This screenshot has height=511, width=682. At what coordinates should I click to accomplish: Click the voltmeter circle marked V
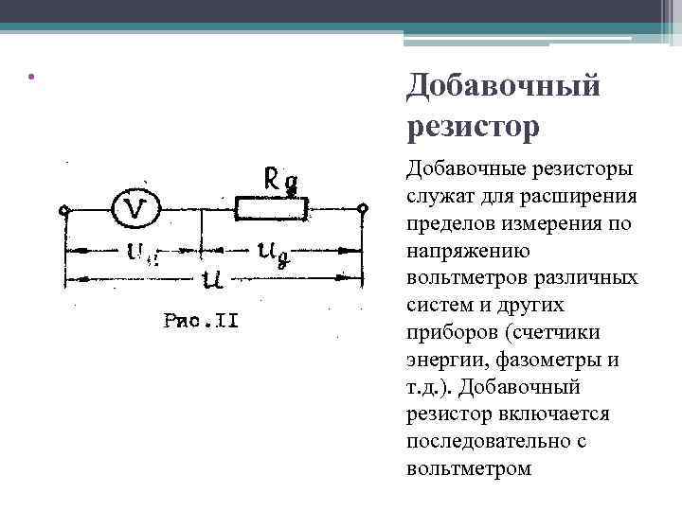135,209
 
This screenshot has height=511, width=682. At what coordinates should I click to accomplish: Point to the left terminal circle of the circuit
64,209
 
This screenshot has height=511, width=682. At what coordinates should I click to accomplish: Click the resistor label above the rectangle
281,180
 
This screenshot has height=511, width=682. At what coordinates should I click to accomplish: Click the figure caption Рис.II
201,321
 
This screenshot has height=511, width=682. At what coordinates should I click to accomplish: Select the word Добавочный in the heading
503,87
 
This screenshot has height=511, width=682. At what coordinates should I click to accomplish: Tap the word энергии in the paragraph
442,361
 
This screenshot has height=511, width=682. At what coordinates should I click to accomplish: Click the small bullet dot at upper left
31,77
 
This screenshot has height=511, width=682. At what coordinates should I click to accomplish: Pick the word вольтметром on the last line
468,469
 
